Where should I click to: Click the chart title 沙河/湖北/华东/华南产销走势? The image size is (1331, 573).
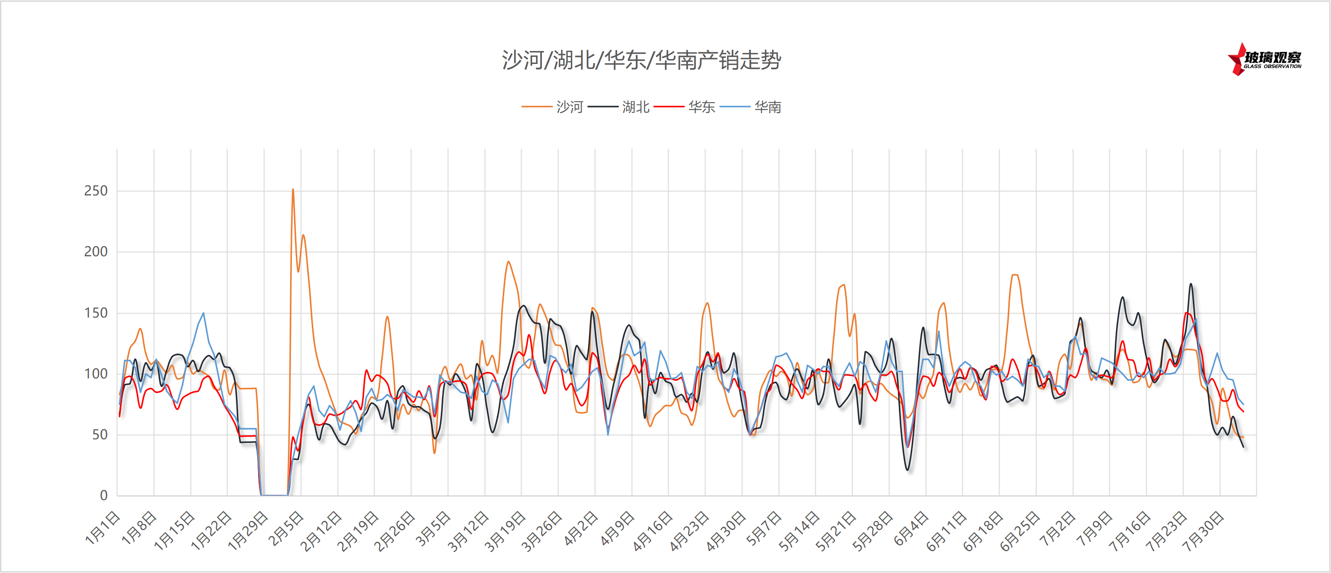click(641, 60)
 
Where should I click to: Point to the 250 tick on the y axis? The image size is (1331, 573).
click(96, 191)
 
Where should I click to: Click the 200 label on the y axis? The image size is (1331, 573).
click(96, 252)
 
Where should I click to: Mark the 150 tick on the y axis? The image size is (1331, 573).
click(96, 313)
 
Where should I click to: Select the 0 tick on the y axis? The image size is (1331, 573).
click(104, 496)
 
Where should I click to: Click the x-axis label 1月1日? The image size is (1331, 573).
click(103, 528)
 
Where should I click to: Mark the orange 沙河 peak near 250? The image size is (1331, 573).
click(293, 190)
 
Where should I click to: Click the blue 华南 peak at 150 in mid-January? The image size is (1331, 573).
click(203, 313)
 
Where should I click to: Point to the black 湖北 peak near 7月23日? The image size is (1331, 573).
click(1191, 284)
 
